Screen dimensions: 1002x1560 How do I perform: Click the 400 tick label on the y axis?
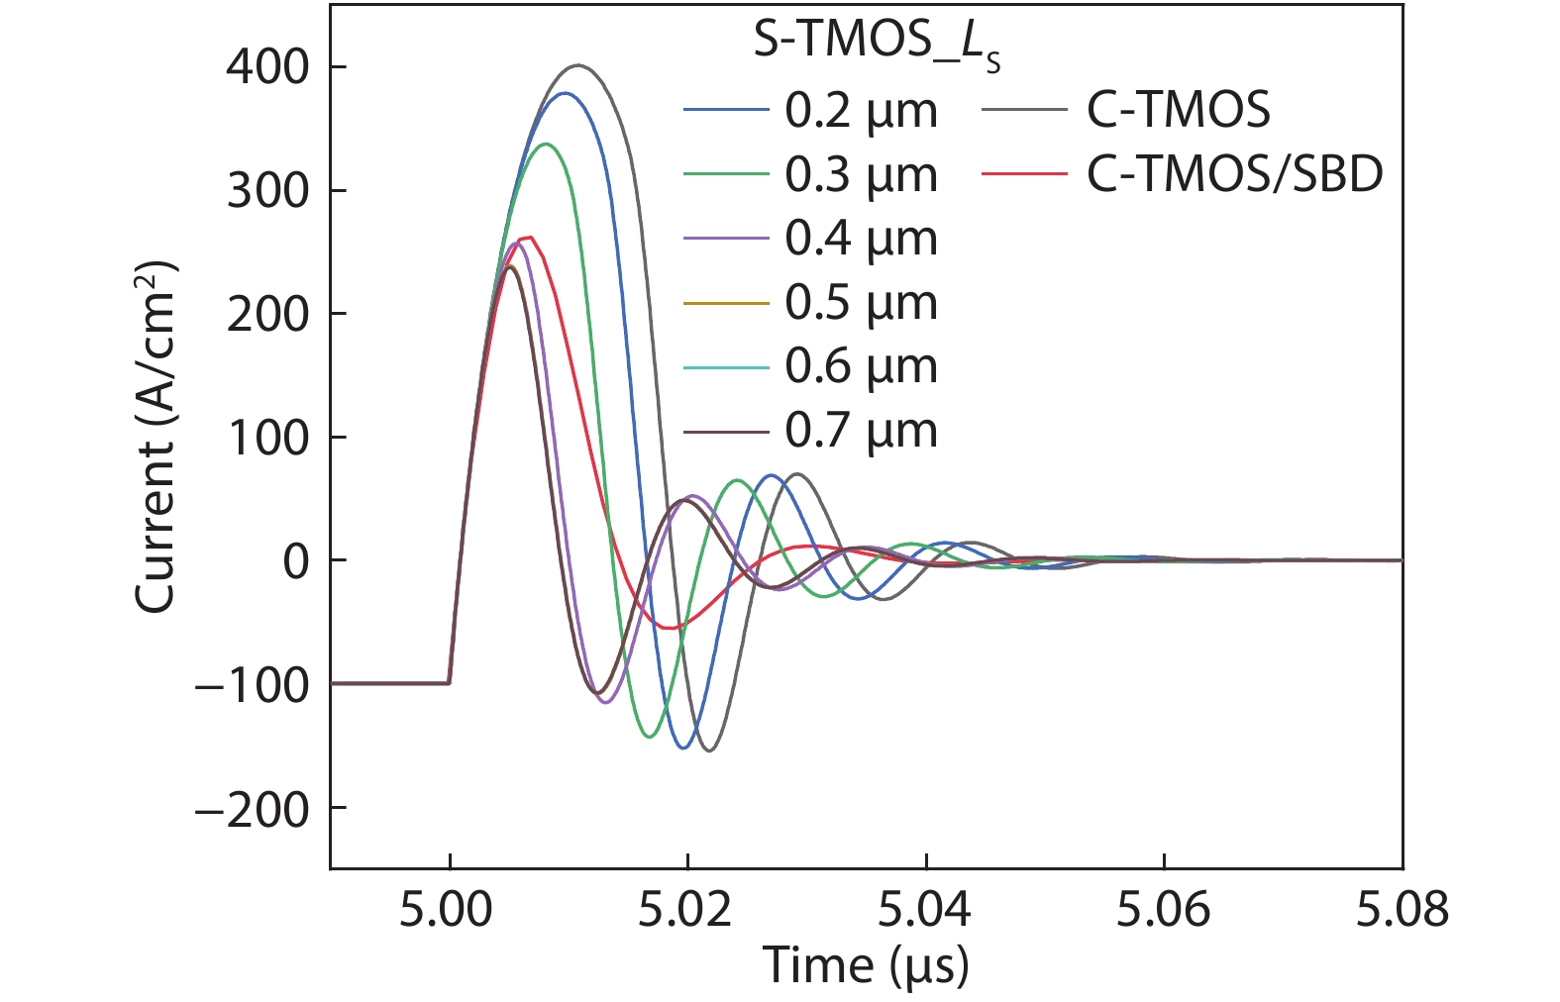pos(267,67)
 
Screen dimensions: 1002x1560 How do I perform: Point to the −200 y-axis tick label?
pos(252,810)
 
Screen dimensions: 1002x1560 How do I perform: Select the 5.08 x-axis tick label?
pos(1402,909)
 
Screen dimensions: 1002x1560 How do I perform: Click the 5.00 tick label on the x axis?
pos(447,909)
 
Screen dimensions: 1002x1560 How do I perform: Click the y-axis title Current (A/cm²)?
pos(156,438)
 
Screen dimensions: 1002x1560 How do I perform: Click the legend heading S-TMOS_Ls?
pos(877,44)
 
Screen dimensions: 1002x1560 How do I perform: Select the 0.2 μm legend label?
pos(861,111)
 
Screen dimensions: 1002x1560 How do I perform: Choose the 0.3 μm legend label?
pos(861,175)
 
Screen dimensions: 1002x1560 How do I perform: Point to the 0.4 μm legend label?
pos(861,239)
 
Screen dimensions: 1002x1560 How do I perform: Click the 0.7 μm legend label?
pos(861,431)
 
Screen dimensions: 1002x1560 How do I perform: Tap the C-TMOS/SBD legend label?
pos(1234,175)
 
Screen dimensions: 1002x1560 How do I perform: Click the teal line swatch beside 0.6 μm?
pos(726,367)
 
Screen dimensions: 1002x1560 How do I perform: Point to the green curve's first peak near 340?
pos(546,144)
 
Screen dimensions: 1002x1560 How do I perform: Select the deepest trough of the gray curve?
pos(708,751)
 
